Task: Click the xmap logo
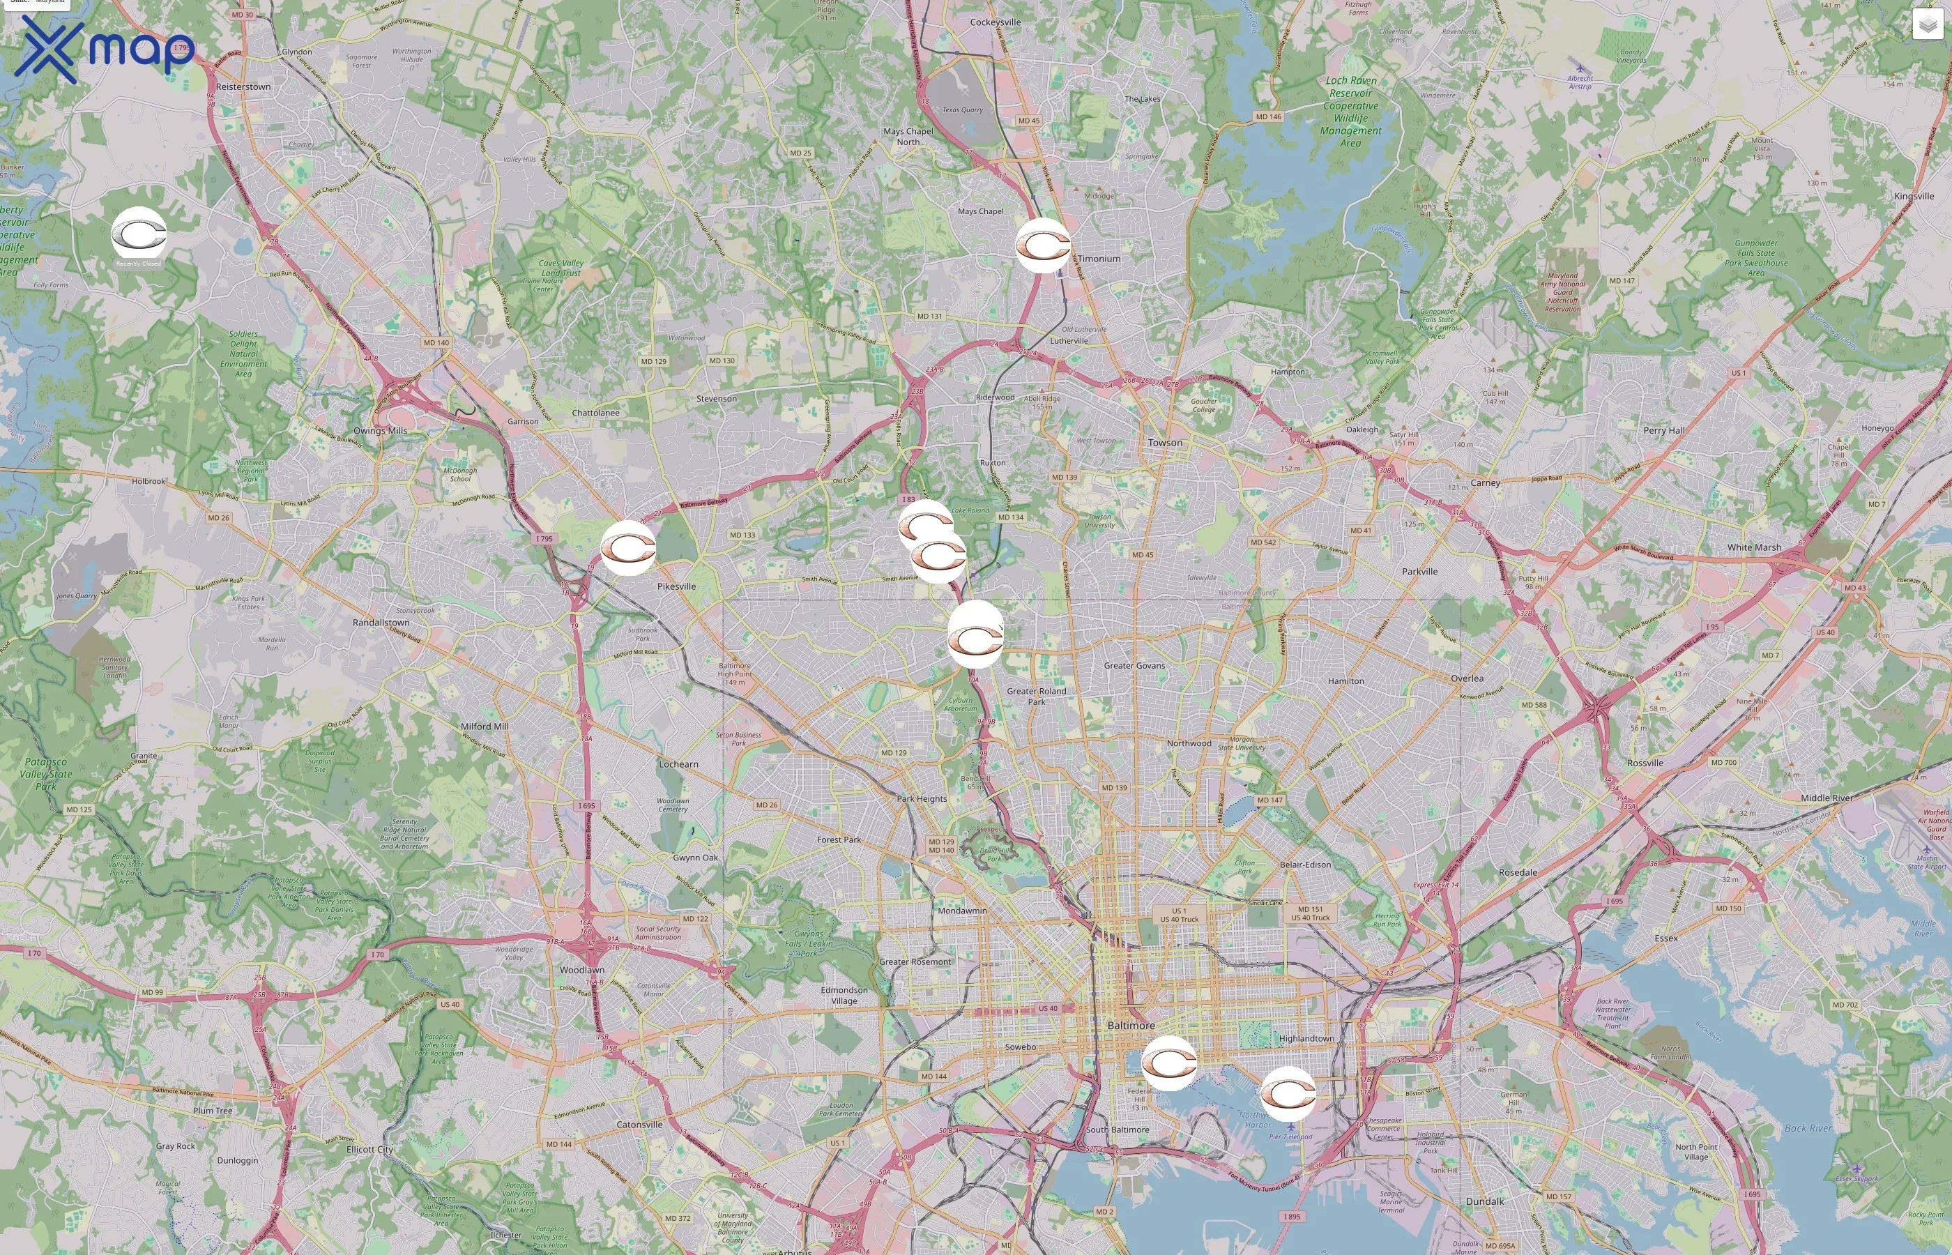tap(105, 49)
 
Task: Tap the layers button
tap(1927, 24)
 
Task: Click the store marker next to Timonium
tap(1043, 245)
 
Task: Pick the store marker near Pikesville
tap(628, 547)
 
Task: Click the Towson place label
tap(1164, 443)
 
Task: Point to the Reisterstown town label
tap(243, 86)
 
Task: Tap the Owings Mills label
tap(380, 430)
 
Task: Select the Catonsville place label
tap(639, 1125)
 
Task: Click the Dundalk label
tap(1484, 1201)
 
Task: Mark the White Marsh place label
tap(1754, 547)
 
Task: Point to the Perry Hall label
tap(1663, 430)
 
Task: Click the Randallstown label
tap(381, 623)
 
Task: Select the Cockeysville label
tap(995, 22)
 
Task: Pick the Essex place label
tap(1666, 938)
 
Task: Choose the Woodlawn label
tap(581, 970)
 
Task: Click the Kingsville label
tap(1914, 197)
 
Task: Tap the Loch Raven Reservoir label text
tap(1351, 87)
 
